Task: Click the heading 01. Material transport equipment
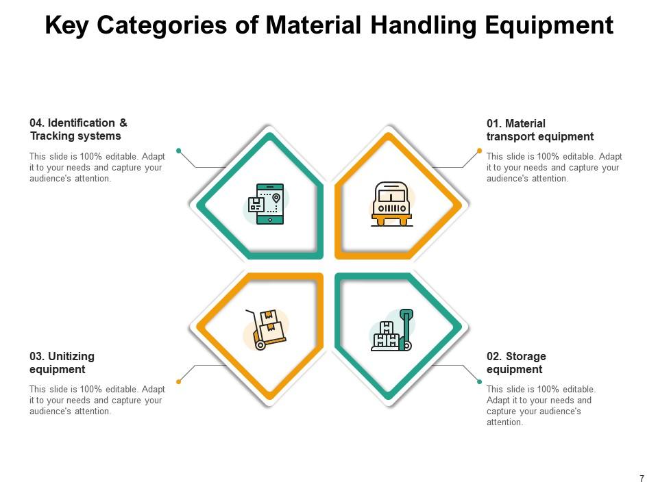coord(540,130)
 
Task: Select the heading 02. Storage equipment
coord(516,363)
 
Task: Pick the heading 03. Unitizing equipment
coord(62,363)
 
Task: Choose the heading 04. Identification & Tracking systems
coord(78,129)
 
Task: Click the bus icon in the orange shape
coord(392,203)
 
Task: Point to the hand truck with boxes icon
coord(266,329)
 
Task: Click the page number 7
coord(642,479)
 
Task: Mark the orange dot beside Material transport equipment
coord(479,151)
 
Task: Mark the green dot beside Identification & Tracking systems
coord(179,151)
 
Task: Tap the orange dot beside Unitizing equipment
coord(179,381)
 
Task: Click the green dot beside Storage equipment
coord(479,381)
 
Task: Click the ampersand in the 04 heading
coord(123,123)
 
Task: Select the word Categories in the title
coord(176,25)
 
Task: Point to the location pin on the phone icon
coord(276,198)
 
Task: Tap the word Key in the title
coord(67,25)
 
